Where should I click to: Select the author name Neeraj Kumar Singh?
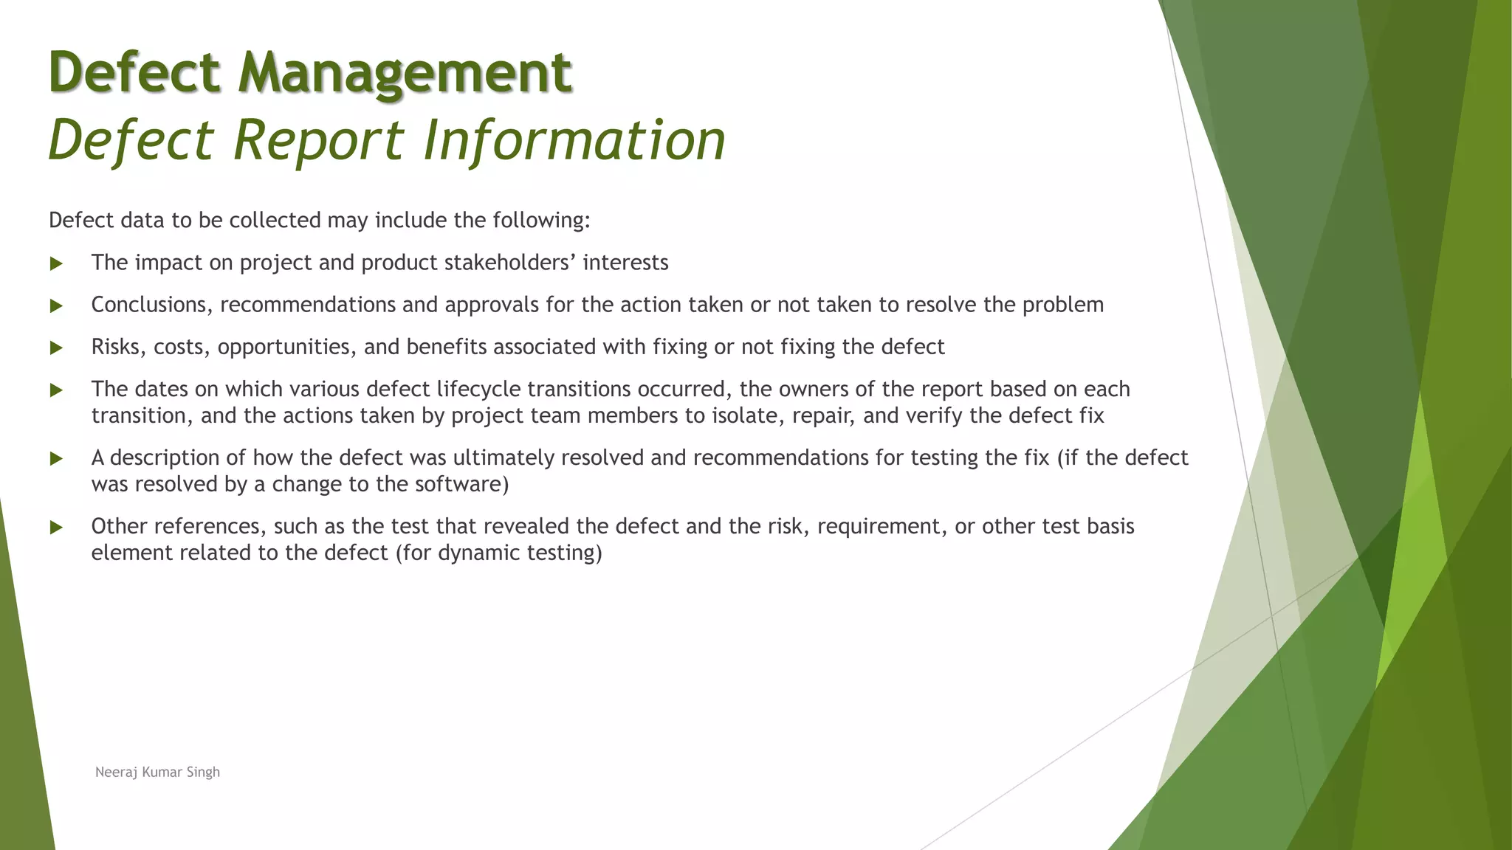coord(157,772)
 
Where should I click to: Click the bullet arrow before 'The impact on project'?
coord(56,263)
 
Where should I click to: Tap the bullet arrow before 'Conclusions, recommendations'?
coord(56,305)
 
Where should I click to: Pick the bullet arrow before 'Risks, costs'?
coord(56,348)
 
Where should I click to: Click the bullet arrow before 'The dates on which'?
coord(56,390)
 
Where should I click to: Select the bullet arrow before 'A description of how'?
coord(56,458)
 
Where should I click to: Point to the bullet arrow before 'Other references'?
coord(56,527)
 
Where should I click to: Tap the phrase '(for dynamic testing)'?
coord(498,553)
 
